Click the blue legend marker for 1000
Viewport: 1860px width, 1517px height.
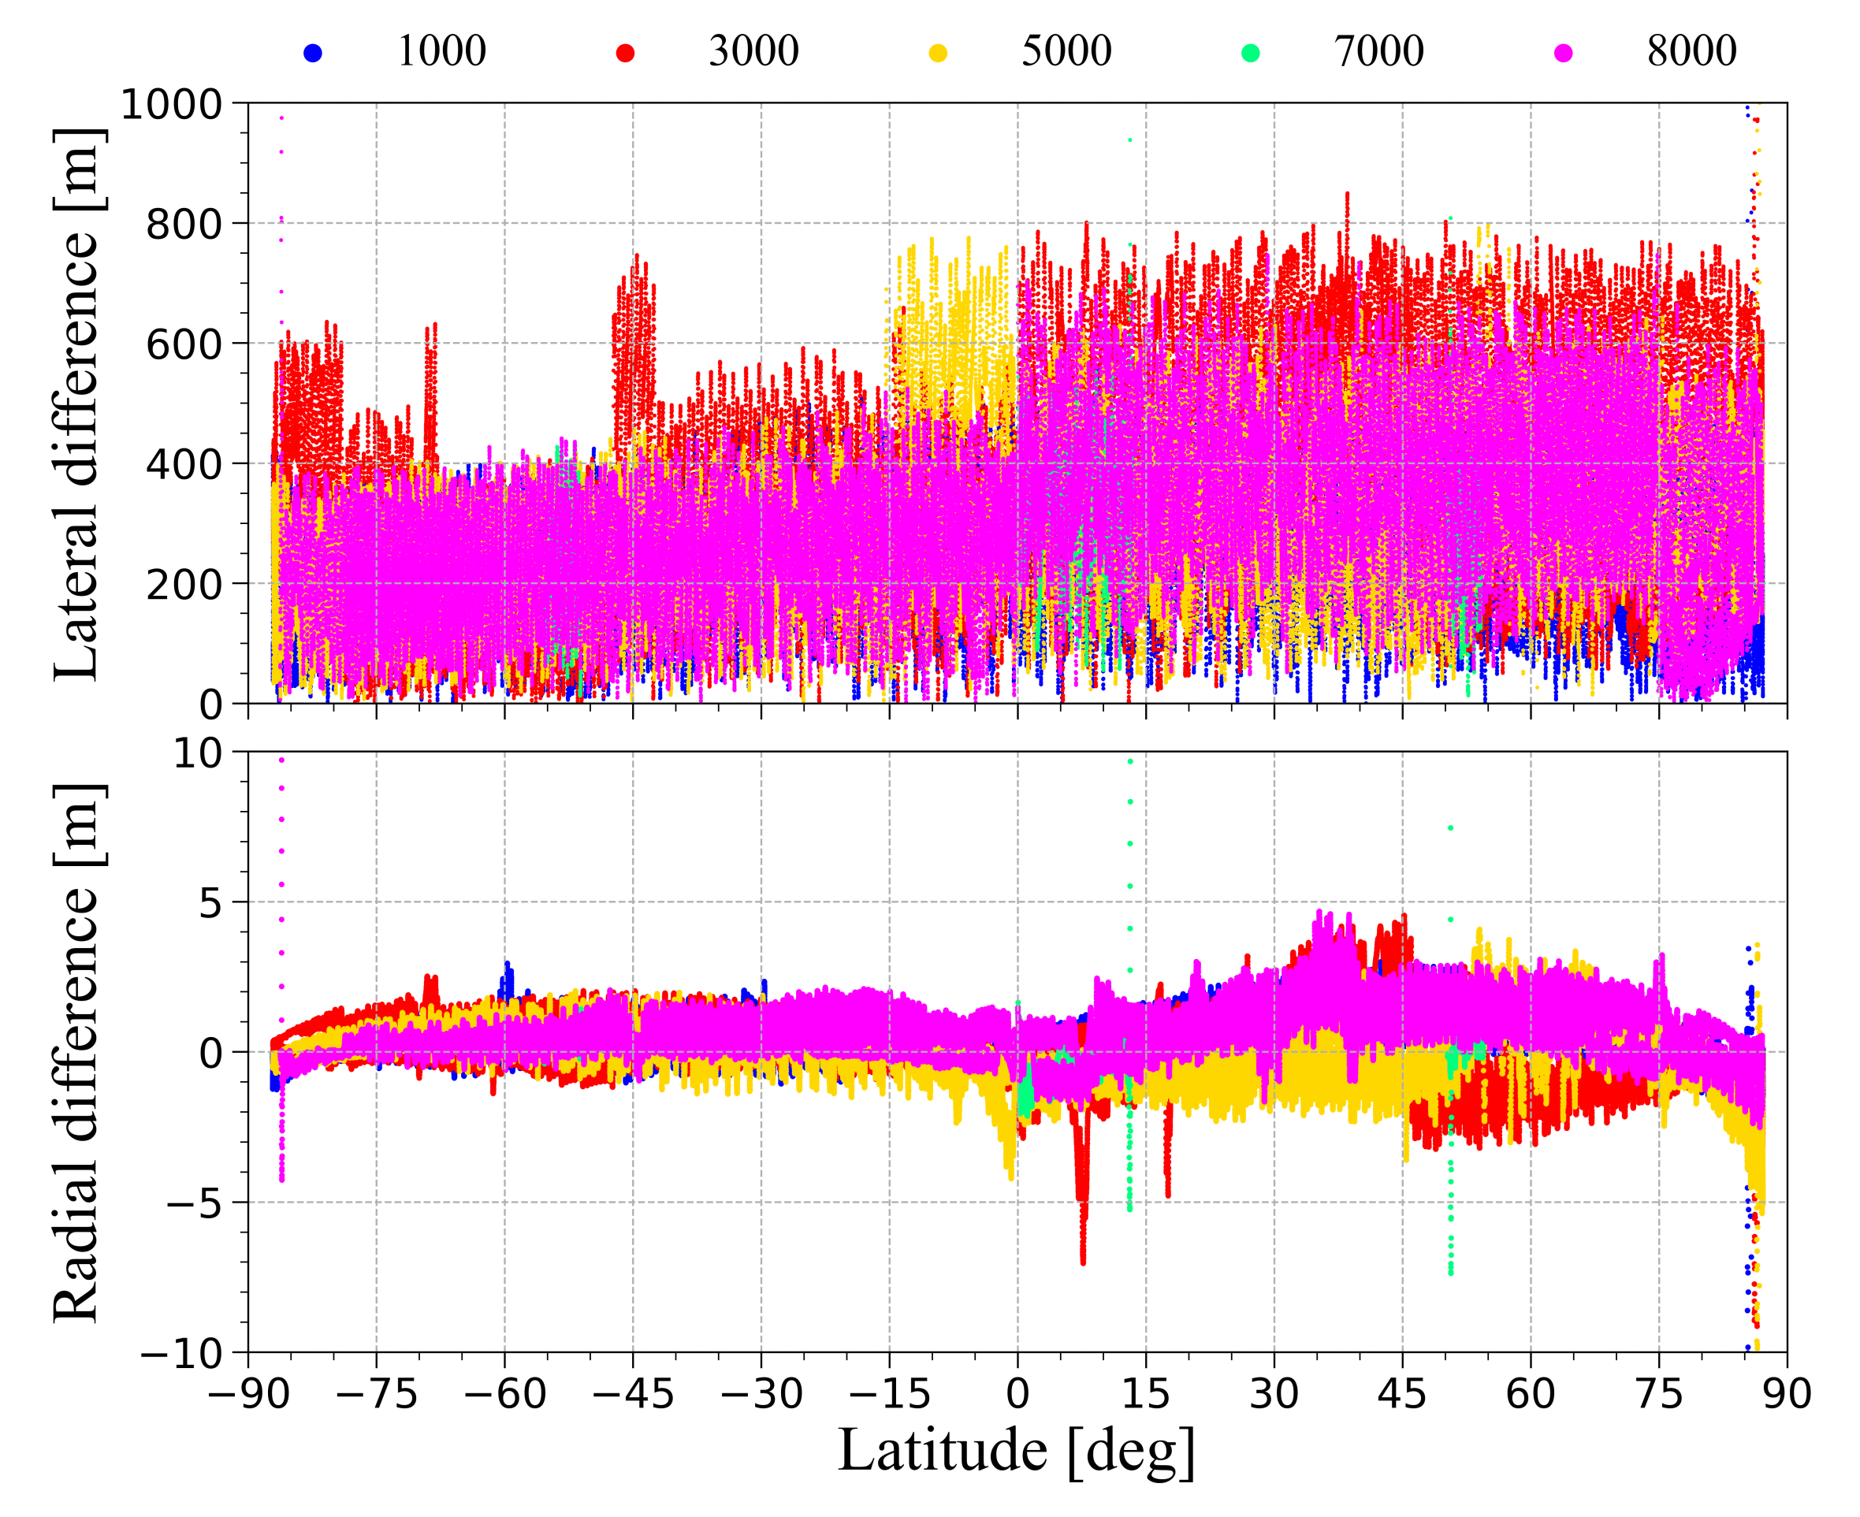(313, 54)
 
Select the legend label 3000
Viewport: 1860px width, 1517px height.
(753, 51)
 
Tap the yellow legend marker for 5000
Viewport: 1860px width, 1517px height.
(938, 54)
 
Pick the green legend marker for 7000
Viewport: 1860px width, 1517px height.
(1251, 54)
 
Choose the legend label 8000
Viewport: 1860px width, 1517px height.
(1691, 51)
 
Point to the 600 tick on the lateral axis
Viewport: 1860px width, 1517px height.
(184, 344)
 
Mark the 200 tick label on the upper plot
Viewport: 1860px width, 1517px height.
(184, 585)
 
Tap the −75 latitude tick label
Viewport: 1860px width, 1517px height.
(376, 1394)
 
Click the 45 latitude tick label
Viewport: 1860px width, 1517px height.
(1402, 1394)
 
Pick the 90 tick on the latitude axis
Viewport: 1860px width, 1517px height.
(1787, 1394)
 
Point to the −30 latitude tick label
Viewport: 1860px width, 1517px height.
(761, 1394)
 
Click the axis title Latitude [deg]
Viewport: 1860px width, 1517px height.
(1016, 1451)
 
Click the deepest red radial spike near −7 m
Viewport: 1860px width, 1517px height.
(1083, 1259)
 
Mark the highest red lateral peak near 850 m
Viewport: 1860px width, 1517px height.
(1347, 195)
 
